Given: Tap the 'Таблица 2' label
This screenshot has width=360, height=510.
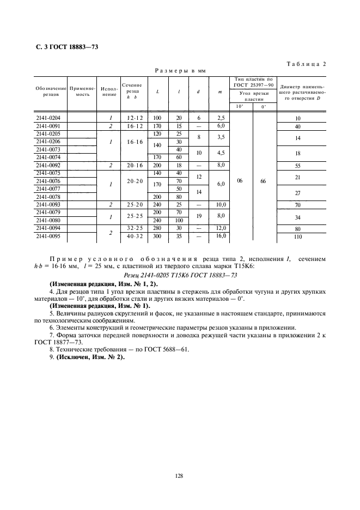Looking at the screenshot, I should click(x=306, y=64).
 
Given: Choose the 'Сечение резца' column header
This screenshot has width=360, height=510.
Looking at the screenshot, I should click(x=132, y=91).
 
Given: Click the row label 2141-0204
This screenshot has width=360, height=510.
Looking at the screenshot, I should click(x=50, y=118).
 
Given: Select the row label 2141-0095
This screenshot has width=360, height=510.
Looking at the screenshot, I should click(x=50, y=237).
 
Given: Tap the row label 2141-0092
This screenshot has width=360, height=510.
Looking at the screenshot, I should click(x=50, y=165).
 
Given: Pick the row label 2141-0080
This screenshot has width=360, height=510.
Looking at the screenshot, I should click(x=50, y=221).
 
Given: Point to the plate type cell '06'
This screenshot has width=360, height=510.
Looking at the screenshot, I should click(x=240, y=181).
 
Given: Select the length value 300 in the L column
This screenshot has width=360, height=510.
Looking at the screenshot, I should click(x=157, y=237).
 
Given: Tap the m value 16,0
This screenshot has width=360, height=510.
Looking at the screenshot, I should click(x=220, y=236).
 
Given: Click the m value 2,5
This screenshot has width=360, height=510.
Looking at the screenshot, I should click(x=220, y=118).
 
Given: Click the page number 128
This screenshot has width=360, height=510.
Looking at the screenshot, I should click(x=179, y=476).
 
